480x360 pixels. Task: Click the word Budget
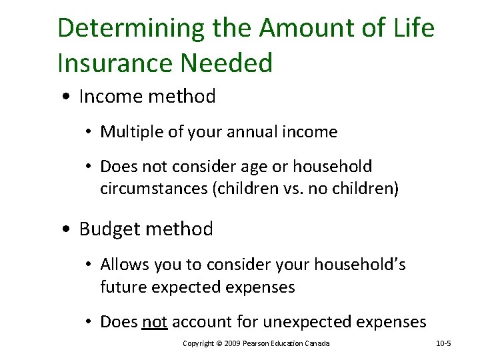[109, 229]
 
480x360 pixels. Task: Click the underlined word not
[154, 322]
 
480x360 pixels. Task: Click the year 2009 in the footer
[230, 343]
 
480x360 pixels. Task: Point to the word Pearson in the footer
[257, 343]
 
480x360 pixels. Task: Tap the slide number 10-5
[443, 343]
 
